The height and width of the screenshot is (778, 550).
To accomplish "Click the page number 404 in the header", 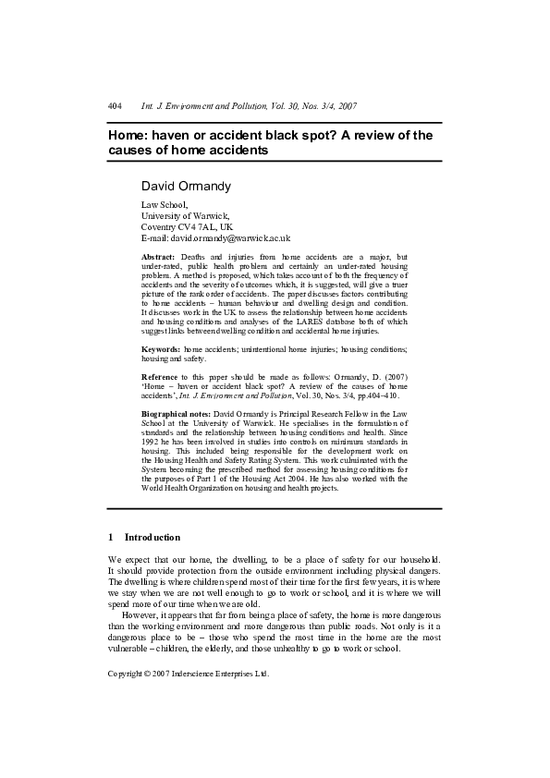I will (x=115, y=106).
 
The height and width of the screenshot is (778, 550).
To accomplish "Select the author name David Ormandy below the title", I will (x=186, y=187).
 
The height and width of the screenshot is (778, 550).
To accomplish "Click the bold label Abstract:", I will (x=160, y=256).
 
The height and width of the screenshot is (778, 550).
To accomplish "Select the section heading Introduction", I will (x=153, y=537).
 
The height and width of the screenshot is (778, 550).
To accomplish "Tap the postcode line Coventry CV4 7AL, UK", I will (x=187, y=226).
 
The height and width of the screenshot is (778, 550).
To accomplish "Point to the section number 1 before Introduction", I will (x=111, y=537).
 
